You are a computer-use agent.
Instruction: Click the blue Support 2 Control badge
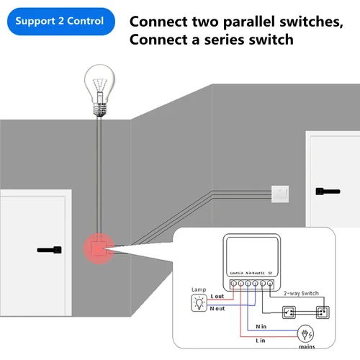59,22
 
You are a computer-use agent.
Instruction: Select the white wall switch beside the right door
278,192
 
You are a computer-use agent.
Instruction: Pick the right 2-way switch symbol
322,313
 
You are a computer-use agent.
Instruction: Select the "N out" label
218,309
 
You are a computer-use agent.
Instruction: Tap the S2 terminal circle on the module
269,283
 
